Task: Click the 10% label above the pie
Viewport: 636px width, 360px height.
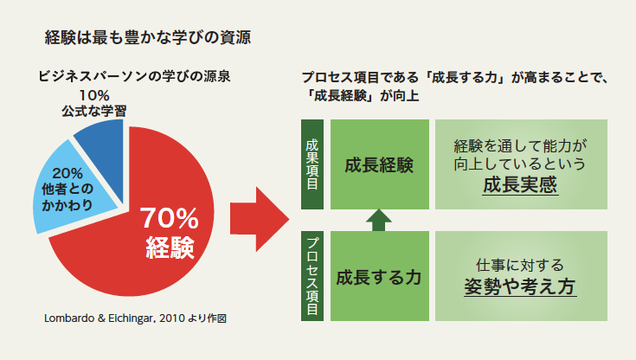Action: click(x=94, y=96)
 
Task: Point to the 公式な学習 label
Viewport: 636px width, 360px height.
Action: click(x=94, y=112)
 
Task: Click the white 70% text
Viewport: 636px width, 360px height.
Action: click(x=169, y=218)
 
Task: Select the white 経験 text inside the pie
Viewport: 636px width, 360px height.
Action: click(x=170, y=247)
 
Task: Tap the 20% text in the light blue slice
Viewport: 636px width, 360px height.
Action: click(x=67, y=173)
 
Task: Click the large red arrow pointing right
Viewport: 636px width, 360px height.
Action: click(x=260, y=219)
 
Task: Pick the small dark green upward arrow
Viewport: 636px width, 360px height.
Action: click(x=379, y=221)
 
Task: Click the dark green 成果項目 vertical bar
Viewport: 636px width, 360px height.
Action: click(x=312, y=164)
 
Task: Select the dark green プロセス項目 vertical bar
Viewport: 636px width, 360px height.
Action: click(x=312, y=276)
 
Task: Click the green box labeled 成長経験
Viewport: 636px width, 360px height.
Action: click(x=380, y=164)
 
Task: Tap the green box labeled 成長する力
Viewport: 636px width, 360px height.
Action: click(x=380, y=276)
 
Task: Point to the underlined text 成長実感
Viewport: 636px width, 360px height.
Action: click(x=520, y=185)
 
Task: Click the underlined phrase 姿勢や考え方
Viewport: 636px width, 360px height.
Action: click(x=520, y=287)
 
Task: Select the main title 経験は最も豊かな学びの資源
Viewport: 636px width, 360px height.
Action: click(x=148, y=37)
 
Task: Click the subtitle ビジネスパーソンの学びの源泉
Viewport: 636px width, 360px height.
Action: click(x=134, y=76)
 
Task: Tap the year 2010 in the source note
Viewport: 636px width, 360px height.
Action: click(x=172, y=318)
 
